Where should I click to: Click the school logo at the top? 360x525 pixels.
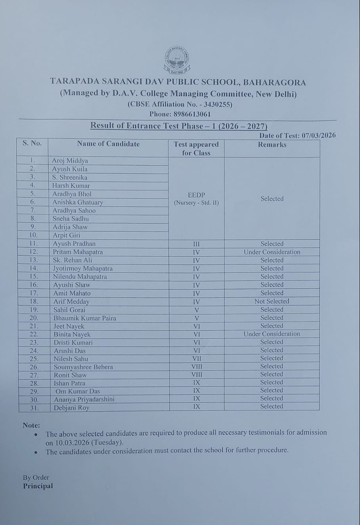(x=177, y=60)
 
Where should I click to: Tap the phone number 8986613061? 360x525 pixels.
(x=192, y=114)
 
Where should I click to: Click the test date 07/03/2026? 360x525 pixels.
(x=318, y=135)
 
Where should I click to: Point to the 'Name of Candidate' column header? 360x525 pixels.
(x=108, y=144)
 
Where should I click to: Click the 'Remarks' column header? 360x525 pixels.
(x=272, y=145)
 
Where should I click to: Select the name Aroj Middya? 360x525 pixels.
(x=70, y=161)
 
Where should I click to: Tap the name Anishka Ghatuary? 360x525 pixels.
(x=78, y=202)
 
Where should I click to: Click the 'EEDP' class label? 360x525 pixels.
(x=196, y=195)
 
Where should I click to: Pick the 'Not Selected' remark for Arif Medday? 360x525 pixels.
(x=272, y=301)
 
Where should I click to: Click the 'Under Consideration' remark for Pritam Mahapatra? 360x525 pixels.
(x=272, y=252)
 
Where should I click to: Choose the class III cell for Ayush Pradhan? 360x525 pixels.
(x=196, y=244)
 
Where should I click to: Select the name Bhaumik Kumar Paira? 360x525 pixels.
(x=85, y=318)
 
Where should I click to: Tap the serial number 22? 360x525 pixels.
(x=34, y=334)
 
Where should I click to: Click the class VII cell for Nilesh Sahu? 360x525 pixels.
(x=196, y=358)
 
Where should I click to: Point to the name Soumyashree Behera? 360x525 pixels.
(x=83, y=367)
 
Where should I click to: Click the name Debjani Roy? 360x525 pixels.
(x=71, y=408)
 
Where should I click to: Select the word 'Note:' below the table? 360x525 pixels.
(x=31, y=425)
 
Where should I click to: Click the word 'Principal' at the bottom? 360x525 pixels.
(x=38, y=486)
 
